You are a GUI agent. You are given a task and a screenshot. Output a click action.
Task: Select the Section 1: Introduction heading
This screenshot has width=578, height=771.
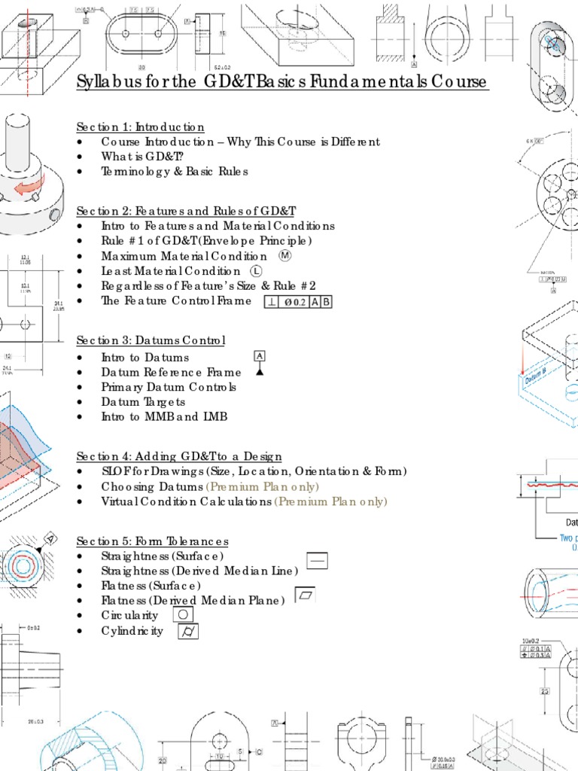141,126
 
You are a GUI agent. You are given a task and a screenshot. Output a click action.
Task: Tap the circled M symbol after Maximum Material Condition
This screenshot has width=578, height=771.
284,255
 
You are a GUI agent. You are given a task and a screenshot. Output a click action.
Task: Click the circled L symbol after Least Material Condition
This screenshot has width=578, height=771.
256,271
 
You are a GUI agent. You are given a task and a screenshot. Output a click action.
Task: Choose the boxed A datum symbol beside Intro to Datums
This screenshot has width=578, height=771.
260,355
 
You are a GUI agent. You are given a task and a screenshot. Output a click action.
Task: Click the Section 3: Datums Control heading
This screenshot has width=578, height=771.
151,341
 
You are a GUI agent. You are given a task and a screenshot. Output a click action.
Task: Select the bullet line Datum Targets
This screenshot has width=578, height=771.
143,402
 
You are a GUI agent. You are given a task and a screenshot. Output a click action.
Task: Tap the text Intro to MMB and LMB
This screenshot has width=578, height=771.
164,416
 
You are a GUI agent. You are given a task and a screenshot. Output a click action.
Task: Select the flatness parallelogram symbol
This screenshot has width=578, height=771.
306,595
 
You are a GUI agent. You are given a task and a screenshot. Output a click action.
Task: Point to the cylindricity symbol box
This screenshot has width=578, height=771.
188,632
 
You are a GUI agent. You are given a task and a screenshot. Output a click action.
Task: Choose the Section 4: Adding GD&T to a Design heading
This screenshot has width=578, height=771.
180,456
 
